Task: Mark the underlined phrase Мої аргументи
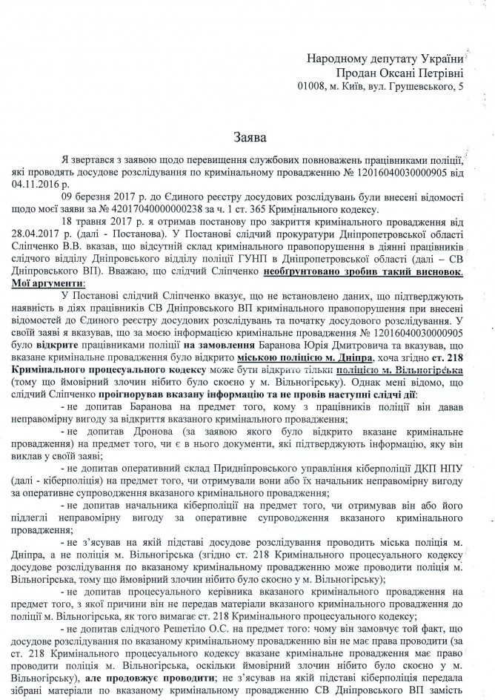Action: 60,284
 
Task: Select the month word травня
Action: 102,222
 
